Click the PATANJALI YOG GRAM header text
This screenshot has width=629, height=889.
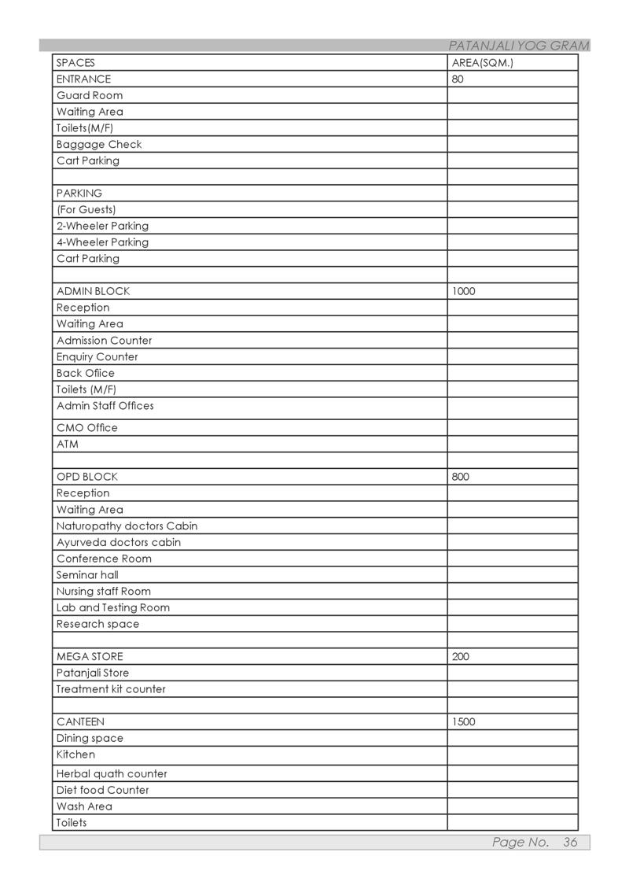(x=518, y=46)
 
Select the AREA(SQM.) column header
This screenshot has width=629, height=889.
(x=482, y=62)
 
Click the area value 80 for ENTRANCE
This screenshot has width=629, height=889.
(x=458, y=79)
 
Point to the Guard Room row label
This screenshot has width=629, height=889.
(x=89, y=95)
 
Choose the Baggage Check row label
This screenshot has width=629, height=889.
(x=99, y=144)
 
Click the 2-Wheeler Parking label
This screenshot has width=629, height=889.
(x=102, y=226)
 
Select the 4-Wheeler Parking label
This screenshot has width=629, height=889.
(x=102, y=242)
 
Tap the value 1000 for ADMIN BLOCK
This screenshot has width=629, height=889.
(x=463, y=291)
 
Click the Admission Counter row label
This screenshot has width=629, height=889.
(x=104, y=341)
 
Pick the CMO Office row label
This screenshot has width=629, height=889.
(x=86, y=428)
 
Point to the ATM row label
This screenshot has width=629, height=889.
(x=67, y=444)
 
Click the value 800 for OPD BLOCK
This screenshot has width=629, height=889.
(x=461, y=477)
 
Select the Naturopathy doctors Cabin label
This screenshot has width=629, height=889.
(x=127, y=526)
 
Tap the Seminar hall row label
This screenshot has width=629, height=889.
(x=87, y=575)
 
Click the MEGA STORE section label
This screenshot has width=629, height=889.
(x=89, y=656)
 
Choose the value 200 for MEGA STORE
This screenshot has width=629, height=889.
(x=461, y=656)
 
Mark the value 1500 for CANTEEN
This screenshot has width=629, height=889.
(x=463, y=721)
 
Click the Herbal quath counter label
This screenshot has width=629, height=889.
(x=112, y=773)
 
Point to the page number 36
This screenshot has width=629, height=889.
(x=570, y=842)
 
